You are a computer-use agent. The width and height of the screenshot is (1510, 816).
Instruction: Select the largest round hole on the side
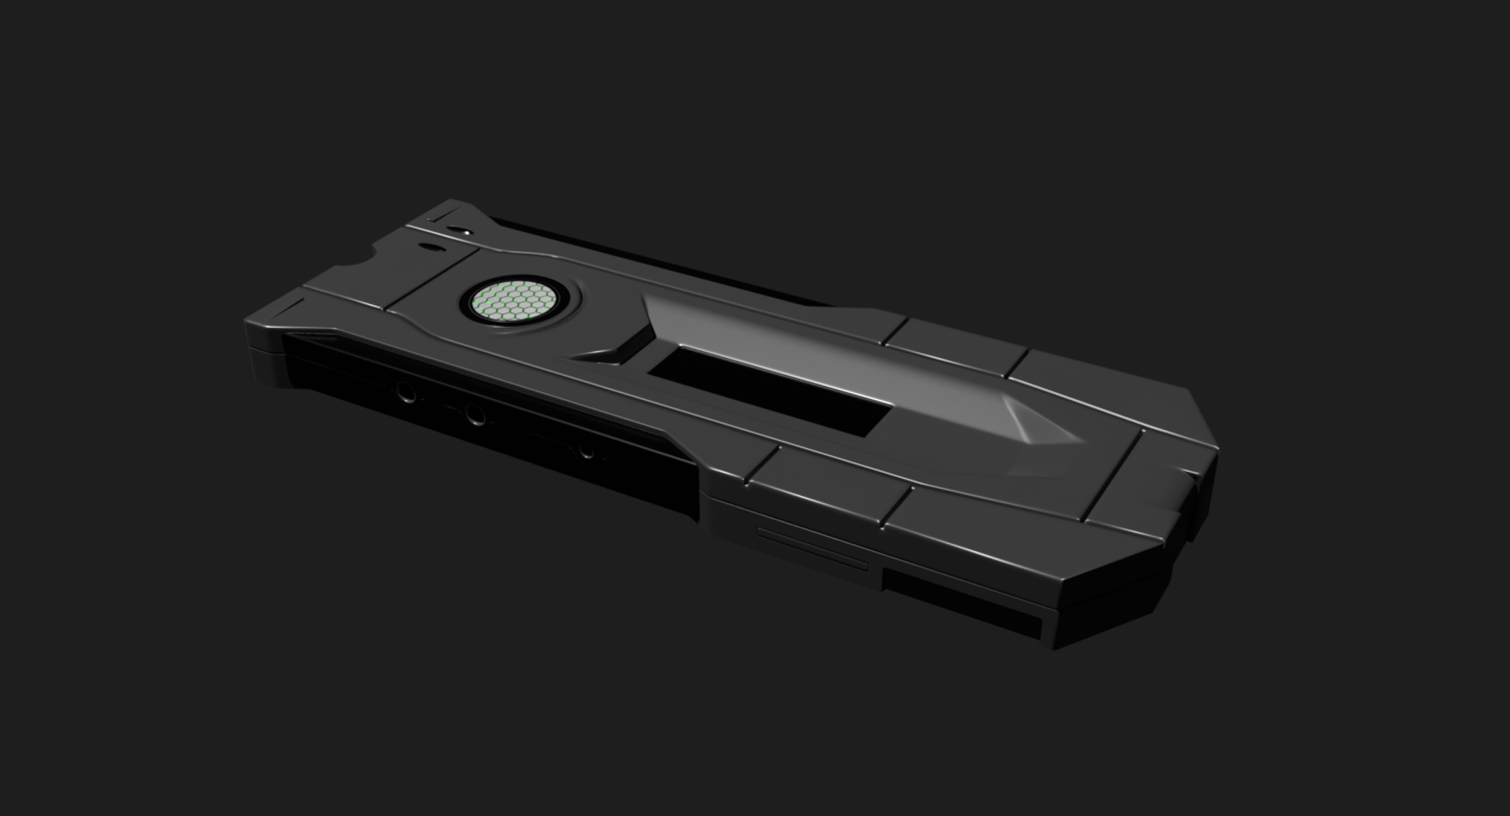(406, 391)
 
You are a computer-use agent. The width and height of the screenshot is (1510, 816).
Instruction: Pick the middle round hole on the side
(474, 414)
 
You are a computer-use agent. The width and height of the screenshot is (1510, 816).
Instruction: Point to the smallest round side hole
(586, 452)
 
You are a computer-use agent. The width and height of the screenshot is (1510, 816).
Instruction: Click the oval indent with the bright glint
(459, 232)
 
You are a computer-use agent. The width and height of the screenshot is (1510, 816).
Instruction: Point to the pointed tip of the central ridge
(1081, 440)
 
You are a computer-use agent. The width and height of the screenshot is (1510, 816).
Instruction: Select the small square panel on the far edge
(956, 346)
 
